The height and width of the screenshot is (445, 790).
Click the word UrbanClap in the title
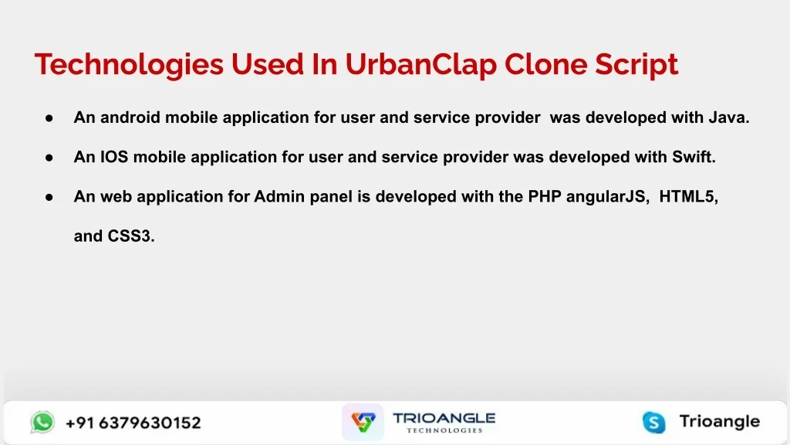(x=420, y=65)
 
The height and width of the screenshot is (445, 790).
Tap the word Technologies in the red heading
(x=129, y=65)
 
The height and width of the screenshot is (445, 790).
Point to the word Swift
(x=694, y=156)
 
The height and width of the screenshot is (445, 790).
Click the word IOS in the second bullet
(x=114, y=156)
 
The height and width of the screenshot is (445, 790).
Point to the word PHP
(x=545, y=196)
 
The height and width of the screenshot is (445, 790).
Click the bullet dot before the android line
(x=49, y=118)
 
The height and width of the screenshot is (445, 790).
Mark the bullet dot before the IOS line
(x=49, y=158)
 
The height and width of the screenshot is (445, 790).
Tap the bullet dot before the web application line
(x=49, y=197)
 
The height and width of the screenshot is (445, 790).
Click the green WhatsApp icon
(x=42, y=423)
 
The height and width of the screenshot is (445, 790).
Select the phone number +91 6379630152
(x=133, y=423)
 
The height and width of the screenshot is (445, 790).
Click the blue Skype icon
(x=654, y=423)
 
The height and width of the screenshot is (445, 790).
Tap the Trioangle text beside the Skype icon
(x=720, y=421)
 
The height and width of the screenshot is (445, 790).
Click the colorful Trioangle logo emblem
(x=363, y=422)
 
